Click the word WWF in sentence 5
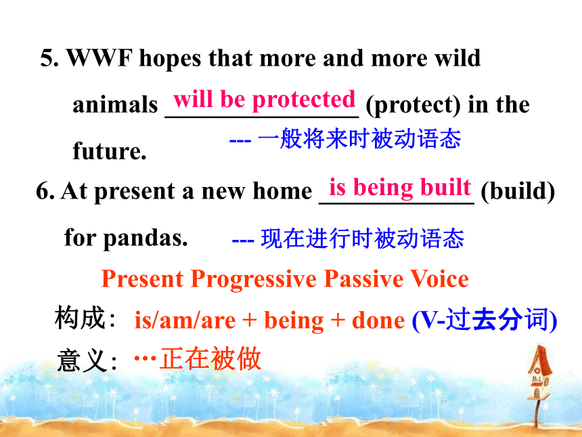pyautogui.click(x=99, y=58)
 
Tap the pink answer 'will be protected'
pyautogui.click(x=265, y=100)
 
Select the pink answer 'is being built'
pyautogui.click(x=400, y=187)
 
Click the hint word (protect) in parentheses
pyautogui.click(x=413, y=105)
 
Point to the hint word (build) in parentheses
pyautogui.click(x=518, y=191)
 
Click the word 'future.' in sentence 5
pyautogui.click(x=110, y=151)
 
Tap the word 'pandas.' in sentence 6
pyautogui.click(x=145, y=238)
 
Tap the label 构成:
pyautogui.click(x=86, y=318)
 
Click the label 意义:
pyautogui.click(x=87, y=360)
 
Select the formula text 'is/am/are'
pyautogui.click(x=185, y=320)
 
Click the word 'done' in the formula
pyautogui.click(x=378, y=320)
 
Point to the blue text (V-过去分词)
pyautogui.click(x=485, y=320)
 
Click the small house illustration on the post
pyautogui.click(x=539, y=375)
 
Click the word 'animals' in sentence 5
pyautogui.click(x=116, y=105)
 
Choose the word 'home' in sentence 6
pyautogui.click(x=282, y=191)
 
